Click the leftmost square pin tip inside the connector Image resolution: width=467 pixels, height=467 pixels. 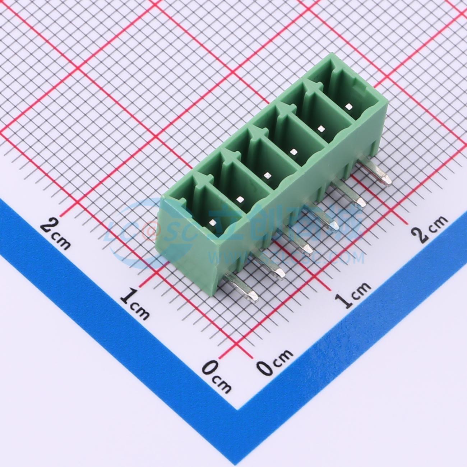pyautogui.click(x=212, y=223)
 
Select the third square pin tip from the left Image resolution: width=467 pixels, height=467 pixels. pyautogui.click(x=267, y=175)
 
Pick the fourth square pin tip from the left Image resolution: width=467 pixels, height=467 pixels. pyautogui.click(x=293, y=151)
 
